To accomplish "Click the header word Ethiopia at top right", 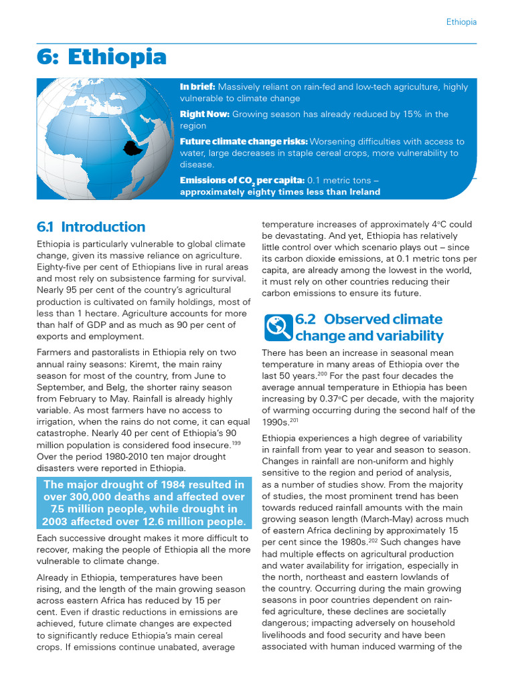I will coord(461,22).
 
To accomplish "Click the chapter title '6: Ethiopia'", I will coord(101,58).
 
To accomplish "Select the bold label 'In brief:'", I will coord(197,87).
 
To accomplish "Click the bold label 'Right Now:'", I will coord(204,114).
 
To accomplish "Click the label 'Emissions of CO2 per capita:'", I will coord(242,181).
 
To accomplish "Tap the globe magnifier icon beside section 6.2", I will coord(278,326).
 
